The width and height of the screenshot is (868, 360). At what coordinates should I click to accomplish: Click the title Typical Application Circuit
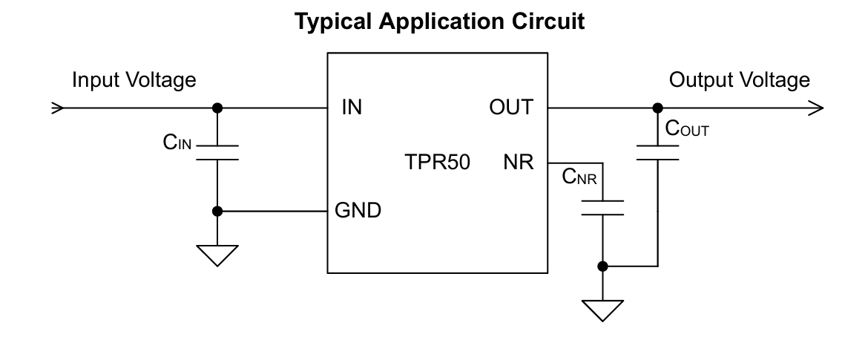point(439,22)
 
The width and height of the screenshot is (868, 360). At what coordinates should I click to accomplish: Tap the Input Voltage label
point(134,80)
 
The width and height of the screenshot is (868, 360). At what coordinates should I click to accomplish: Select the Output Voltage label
point(739,80)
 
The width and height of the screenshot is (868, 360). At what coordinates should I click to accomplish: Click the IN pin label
point(352,108)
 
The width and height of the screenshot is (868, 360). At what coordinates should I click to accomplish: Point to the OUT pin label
point(511,108)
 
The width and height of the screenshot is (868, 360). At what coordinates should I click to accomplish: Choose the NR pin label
point(518,163)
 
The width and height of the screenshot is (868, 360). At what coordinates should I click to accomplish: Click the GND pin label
point(358,211)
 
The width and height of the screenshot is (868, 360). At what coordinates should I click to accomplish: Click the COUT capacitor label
point(687,130)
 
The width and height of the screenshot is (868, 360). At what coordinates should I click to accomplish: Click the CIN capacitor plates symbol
point(217,152)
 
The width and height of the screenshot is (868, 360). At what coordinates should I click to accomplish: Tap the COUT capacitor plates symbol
point(657,152)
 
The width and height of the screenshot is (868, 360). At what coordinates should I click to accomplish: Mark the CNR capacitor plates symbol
point(602,207)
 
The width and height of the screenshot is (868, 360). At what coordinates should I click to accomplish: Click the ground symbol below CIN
point(217,255)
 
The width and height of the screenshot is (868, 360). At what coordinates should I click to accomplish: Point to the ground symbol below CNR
point(602,310)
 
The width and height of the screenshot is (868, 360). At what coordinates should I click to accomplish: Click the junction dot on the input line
point(217,108)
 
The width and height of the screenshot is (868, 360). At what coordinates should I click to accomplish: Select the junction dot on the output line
point(657,108)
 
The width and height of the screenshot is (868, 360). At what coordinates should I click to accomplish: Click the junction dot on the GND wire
point(217,211)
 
